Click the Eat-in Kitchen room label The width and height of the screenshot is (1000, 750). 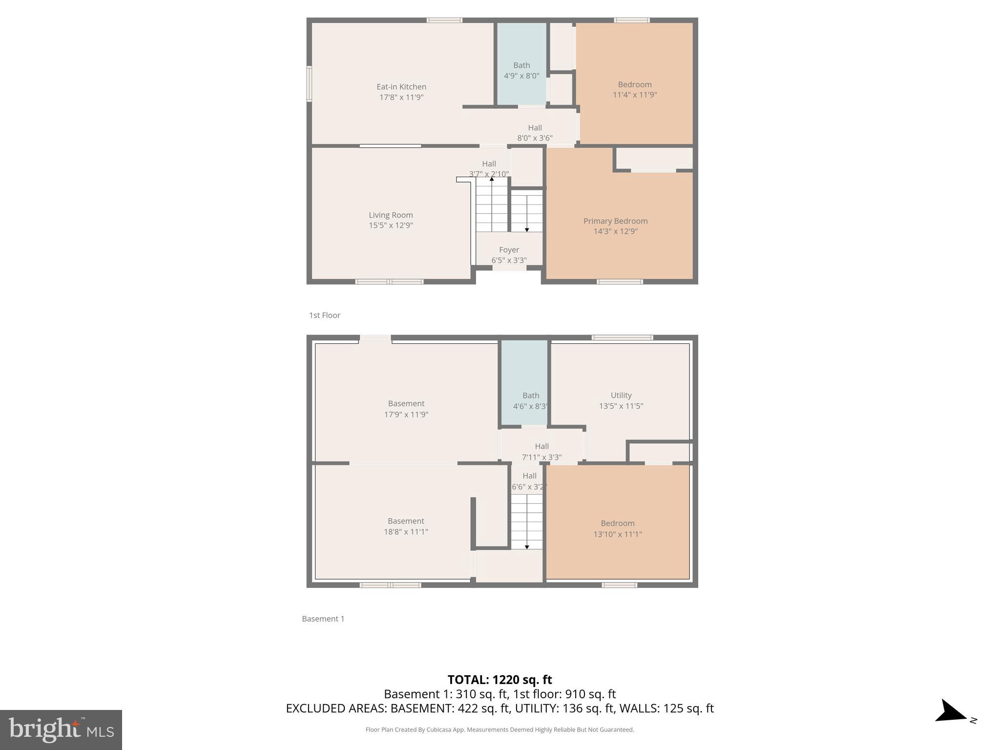pyautogui.click(x=401, y=87)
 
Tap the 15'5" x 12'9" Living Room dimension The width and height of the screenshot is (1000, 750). pyautogui.click(x=391, y=226)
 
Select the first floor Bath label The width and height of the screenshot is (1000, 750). pyautogui.click(x=521, y=65)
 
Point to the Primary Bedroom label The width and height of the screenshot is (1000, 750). pyautogui.click(x=615, y=221)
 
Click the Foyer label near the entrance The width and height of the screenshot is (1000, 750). pyautogui.click(x=509, y=250)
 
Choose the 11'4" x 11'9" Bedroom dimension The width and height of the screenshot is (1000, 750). pyautogui.click(x=634, y=95)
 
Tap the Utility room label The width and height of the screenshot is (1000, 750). pyautogui.click(x=621, y=396)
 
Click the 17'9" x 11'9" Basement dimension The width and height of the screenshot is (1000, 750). pyautogui.click(x=406, y=415)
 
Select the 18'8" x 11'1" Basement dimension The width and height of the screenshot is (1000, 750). pyautogui.click(x=406, y=532)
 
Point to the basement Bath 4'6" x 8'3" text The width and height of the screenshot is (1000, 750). pyautogui.click(x=530, y=406)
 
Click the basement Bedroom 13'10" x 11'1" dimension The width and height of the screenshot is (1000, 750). pyautogui.click(x=617, y=534)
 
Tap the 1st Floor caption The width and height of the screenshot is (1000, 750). pyautogui.click(x=324, y=315)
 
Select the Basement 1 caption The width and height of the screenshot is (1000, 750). pyautogui.click(x=323, y=619)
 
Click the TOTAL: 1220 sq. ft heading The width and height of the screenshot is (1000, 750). pyautogui.click(x=500, y=680)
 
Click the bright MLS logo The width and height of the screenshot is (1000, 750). pyautogui.click(x=61, y=729)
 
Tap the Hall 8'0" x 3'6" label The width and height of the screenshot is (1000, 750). pyautogui.click(x=535, y=133)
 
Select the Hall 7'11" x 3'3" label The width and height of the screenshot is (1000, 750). pyautogui.click(x=542, y=452)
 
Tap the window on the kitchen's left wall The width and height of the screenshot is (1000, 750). pyautogui.click(x=309, y=84)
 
